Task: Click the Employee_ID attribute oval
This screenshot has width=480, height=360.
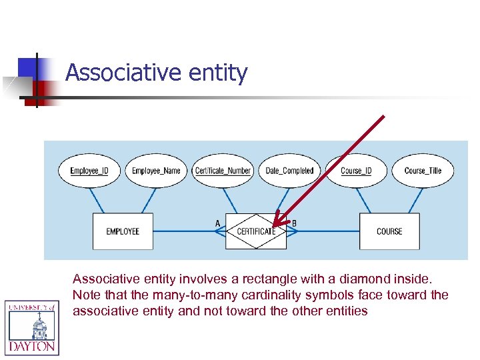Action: (89, 171)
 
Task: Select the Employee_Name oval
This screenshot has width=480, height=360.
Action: (156, 171)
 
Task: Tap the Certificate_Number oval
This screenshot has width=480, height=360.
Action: (223, 171)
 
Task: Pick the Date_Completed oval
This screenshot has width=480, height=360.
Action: (289, 171)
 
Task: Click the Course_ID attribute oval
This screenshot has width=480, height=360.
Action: (356, 171)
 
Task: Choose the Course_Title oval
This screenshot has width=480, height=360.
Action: (423, 171)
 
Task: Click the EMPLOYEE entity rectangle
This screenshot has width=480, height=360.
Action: (123, 231)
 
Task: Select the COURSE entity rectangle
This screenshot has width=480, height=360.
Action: (389, 231)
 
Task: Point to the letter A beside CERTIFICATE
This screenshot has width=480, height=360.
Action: (217, 223)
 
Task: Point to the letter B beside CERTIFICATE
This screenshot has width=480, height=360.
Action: (295, 223)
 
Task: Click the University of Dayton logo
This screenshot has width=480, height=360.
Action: (32, 327)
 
